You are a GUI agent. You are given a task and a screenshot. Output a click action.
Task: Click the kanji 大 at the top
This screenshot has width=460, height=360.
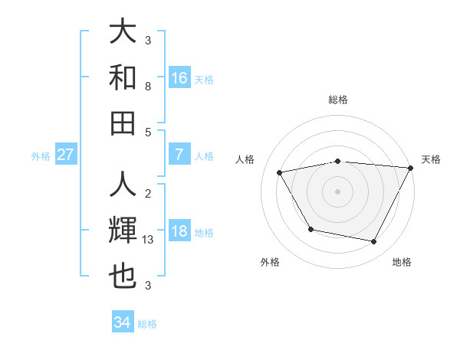coord(123,32)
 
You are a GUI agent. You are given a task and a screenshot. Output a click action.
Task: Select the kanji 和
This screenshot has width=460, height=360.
coord(123,77)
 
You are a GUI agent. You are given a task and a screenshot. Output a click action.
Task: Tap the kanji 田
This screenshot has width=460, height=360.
coord(123,123)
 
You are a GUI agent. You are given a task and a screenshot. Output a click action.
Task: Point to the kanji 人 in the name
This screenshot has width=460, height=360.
coord(123,185)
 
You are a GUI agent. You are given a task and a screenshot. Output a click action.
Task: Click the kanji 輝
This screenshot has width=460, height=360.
coord(123,231)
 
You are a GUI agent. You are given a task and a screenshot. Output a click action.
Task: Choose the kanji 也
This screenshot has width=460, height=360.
coord(123,276)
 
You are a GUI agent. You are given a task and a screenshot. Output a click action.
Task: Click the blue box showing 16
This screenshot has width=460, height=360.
coord(179,78)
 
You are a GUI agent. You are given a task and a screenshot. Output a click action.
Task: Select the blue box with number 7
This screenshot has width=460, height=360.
coord(179,155)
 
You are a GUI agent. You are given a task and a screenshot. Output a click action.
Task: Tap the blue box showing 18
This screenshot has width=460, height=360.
coord(179,232)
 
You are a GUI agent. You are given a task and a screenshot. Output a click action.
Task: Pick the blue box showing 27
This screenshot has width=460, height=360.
coord(66,155)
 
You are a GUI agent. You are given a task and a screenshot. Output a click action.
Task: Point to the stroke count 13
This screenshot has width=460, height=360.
coord(149,240)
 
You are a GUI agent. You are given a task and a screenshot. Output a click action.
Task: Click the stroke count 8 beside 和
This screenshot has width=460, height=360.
coord(148,87)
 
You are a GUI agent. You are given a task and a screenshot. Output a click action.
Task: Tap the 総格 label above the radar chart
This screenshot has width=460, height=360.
coord(338,100)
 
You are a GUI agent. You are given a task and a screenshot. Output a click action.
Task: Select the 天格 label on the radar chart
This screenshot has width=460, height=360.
coord(431,159)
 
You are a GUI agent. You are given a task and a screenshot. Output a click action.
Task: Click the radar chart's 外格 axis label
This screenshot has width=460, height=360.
coord(270,263)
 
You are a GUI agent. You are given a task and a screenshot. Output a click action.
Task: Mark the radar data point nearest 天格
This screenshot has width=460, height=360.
coord(411,168)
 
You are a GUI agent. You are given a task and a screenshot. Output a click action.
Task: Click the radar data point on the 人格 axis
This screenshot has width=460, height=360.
coord(280,173)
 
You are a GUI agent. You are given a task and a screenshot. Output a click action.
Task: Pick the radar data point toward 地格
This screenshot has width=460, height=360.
coord(374,242)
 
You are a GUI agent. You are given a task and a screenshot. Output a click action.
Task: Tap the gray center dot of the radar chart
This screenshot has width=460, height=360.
coord(338,191)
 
